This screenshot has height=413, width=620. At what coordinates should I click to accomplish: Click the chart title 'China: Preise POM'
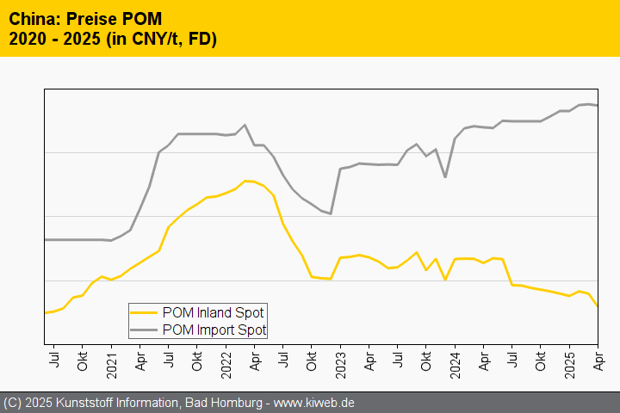[84, 18]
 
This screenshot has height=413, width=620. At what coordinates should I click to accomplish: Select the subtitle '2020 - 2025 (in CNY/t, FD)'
[112, 39]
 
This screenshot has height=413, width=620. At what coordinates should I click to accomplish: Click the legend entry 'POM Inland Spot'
[213, 312]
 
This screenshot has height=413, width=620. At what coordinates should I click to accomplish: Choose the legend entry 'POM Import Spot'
[214, 330]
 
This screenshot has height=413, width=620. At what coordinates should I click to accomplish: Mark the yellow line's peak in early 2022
[245, 181]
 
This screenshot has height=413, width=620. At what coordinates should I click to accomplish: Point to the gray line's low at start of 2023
[331, 213]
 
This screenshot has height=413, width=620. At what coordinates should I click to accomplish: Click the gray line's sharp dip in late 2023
[445, 177]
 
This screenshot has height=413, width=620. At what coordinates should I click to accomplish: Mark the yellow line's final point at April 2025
[598, 306]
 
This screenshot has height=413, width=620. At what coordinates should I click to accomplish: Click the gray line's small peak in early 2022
[245, 125]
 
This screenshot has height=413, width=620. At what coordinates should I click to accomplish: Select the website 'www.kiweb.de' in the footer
[314, 403]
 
